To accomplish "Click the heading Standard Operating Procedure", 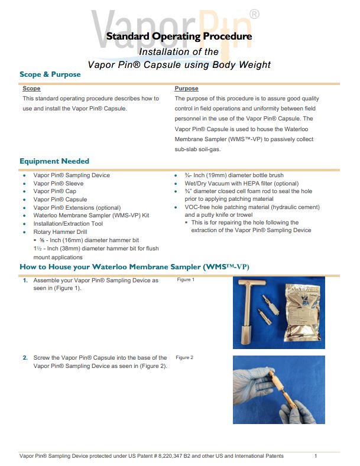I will point(179,37).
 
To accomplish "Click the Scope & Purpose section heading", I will point(50,74).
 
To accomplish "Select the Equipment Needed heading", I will point(54,161).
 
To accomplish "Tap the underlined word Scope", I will point(31,89).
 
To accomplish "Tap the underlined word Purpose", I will point(186,89).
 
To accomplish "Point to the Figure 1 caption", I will point(185,279).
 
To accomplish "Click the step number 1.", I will point(25,281).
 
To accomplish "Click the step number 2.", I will point(25,358).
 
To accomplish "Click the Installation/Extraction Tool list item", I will point(68,224).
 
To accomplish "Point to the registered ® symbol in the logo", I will point(254,13).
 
